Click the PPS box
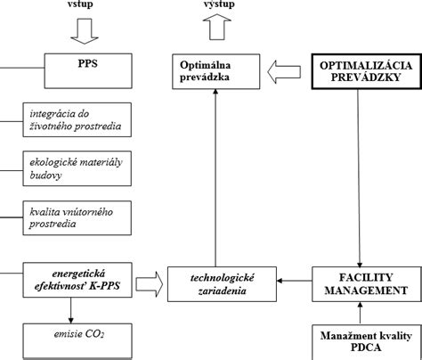(88, 71)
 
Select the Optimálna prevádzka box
(216, 71)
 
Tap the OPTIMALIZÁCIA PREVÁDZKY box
(367, 71)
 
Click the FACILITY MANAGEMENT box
(367, 284)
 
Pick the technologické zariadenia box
(222, 284)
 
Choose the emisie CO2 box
(77, 341)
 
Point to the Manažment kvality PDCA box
(367, 342)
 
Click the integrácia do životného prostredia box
(77, 119)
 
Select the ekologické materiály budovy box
(77, 168)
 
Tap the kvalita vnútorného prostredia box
(77, 217)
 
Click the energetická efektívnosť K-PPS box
(77, 280)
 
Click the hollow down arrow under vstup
(85, 31)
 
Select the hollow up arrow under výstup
(217, 27)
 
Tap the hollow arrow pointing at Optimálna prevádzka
(284, 72)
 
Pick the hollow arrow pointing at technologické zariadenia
(150, 284)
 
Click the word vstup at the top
(80, 4)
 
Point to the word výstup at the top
(219, 4)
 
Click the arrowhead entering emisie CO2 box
(70, 320)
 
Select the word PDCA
(366, 348)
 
